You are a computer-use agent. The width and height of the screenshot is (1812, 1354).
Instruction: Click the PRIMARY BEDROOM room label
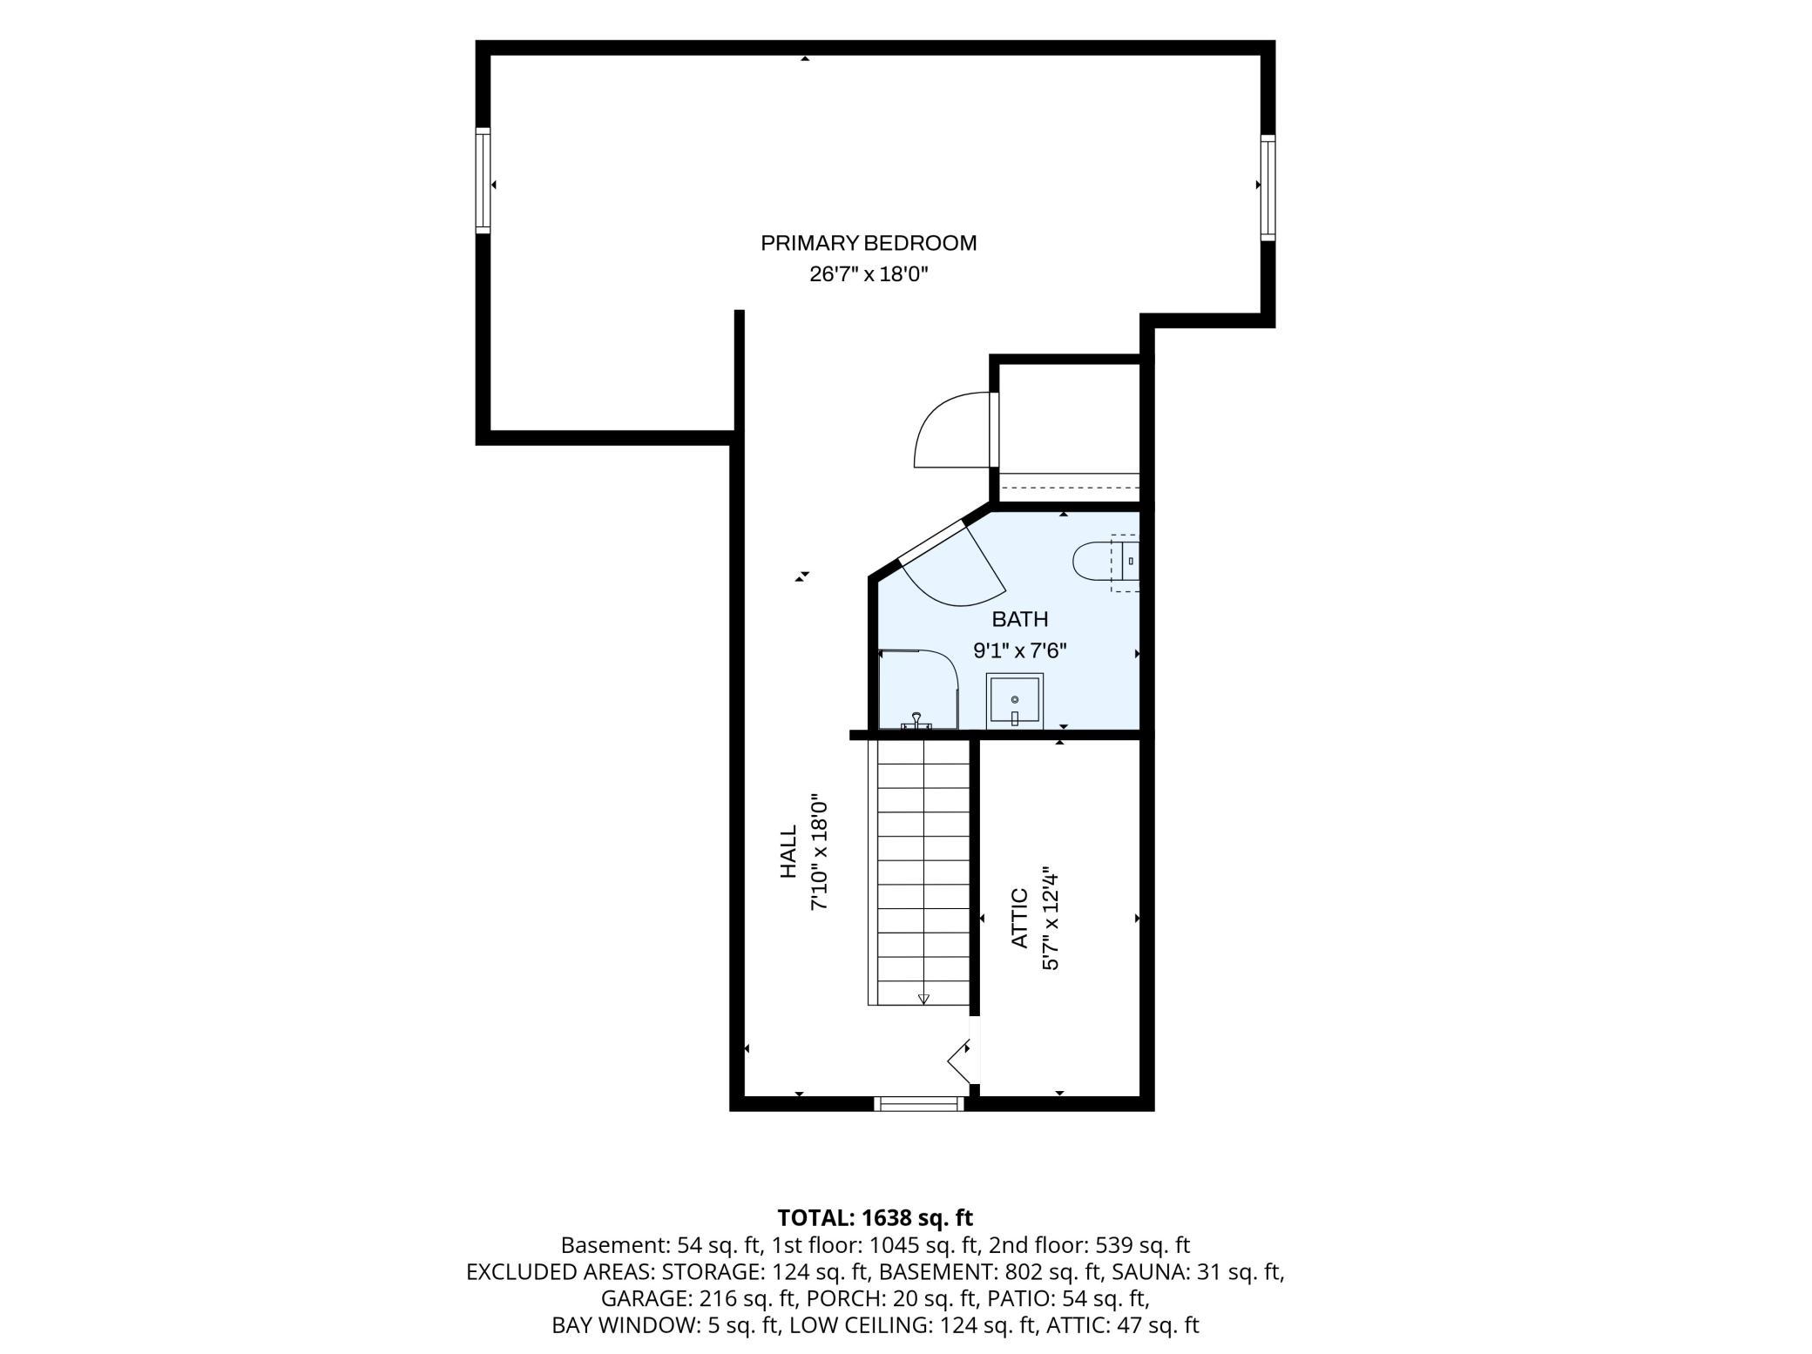(x=869, y=243)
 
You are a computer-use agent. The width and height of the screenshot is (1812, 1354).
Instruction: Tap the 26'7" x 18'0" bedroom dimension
(x=869, y=274)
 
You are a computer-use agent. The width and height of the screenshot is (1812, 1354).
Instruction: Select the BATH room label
(x=1020, y=619)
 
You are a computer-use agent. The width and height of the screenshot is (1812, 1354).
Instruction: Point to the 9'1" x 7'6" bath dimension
(x=1019, y=650)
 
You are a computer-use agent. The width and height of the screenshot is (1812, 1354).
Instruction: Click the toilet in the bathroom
(x=1105, y=562)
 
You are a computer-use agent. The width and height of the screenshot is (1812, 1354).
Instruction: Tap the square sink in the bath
(x=1014, y=701)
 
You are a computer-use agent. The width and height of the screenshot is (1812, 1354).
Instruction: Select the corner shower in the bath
(x=918, y=689)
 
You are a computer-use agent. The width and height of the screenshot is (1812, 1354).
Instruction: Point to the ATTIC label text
(x=1019, y=918)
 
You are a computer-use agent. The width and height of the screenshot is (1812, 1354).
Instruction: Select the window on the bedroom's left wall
(x=483, y=180)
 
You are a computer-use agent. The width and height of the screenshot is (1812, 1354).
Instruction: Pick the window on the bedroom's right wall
(x=1268, y=187)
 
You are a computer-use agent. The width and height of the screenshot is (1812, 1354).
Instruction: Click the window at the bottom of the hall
(x=919, y=1103)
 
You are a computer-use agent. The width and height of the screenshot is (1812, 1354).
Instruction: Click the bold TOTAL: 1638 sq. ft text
(x=875, y=1217)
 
